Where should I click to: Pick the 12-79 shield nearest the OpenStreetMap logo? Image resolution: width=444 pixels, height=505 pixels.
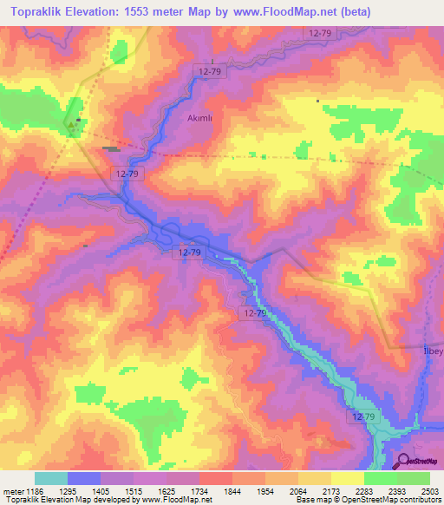(363, 417)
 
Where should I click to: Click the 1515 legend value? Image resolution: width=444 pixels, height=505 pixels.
(117, 491)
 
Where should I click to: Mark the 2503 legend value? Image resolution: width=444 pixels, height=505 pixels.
(420, 491)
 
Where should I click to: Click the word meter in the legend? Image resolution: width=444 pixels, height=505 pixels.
(12, 491)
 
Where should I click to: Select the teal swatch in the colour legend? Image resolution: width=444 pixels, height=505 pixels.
(50, 478)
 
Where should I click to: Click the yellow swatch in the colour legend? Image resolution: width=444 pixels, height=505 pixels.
(347, 478)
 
